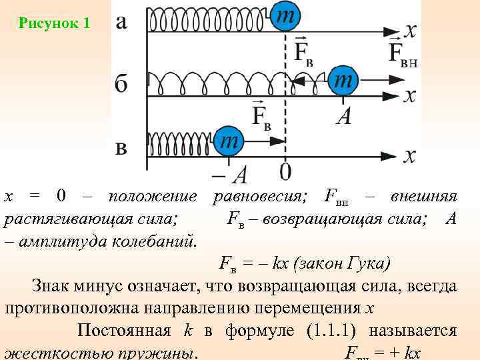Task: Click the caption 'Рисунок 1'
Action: [54, 24]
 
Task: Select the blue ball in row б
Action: [343, 81]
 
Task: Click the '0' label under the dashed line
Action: [285, 172]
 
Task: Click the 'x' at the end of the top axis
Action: [411, 30]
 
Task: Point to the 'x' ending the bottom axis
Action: [409, 155]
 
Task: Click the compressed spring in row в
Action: [181, 141]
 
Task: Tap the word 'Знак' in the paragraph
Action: [51, 287]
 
